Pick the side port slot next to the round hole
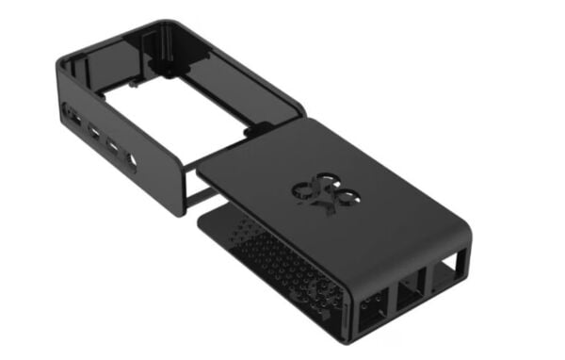(x=113, y=148)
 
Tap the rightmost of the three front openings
(x=444, y=276)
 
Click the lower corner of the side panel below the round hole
(x=176, y=211)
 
